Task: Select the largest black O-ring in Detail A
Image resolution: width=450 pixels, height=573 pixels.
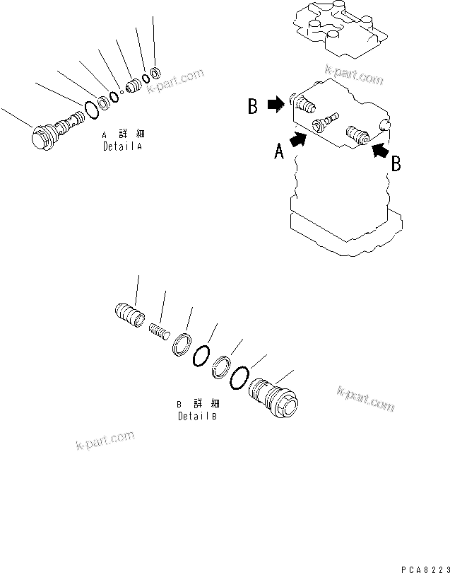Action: (90, 108)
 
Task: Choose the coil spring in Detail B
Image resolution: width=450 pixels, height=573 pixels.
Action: (160, 330)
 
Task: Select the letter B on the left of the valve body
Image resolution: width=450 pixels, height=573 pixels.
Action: (251, 108)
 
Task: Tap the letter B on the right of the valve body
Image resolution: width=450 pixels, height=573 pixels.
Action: (396, 163)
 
